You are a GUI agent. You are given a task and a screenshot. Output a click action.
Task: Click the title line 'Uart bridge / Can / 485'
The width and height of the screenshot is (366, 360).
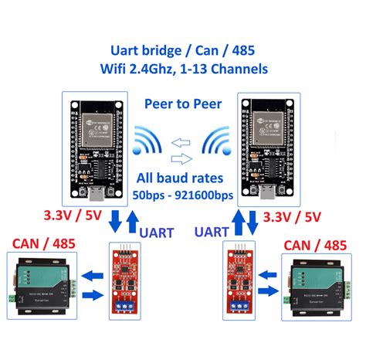[183, 52]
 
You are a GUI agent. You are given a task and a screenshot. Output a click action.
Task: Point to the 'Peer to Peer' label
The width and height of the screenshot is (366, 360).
[183, 104]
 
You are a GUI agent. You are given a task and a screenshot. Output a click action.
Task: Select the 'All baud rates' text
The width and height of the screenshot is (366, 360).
[182, 177]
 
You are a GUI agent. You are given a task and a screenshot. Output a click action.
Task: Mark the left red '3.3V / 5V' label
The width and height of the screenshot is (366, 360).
[59, 213]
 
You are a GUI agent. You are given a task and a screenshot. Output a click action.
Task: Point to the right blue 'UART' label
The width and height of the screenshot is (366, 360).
[212, 230]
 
